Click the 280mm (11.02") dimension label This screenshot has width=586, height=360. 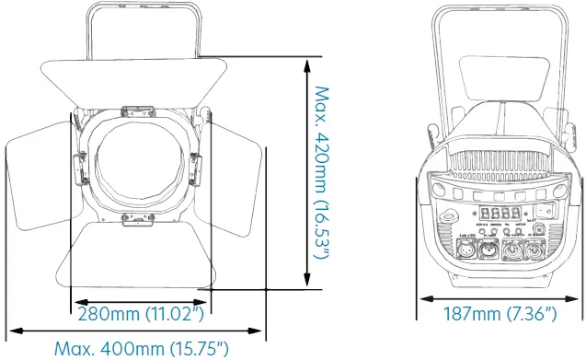tap(140, 314)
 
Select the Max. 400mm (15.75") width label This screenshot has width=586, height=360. tap(140, 349)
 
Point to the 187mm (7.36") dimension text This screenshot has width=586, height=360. tap(501, 314)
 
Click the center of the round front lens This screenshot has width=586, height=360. tap(136, 167)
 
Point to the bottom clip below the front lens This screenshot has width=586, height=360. tap(136, 218)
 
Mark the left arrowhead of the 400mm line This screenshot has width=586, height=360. tap(11, 330)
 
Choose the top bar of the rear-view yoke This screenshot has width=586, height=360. tap(501, 8)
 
